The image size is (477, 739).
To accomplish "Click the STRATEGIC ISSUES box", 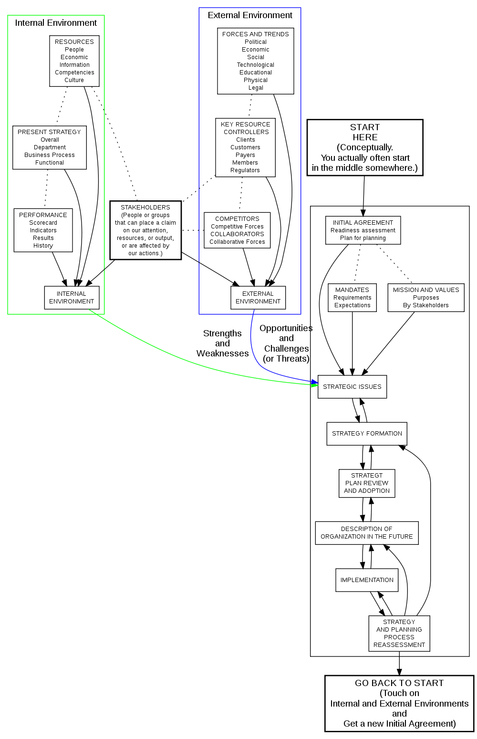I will click(x=352, y=387).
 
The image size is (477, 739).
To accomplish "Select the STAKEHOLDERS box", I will click(x=145, y=230).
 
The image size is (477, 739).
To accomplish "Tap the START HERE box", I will click(x=365, y=147).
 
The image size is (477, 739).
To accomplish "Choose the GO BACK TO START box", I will click(x=399, y=703).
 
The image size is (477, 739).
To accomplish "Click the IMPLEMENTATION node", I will click(x=367, y=580).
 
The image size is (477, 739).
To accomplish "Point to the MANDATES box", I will click(x=352, y=298).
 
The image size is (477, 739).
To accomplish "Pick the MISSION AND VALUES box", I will click(x=426, y=298).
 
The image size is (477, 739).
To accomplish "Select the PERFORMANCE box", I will click(x=43, y=230).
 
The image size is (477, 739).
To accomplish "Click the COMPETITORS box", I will click(x=237, y=230).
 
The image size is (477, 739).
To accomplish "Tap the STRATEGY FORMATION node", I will click(x=367, y=434).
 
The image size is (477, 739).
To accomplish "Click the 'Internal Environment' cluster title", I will click(x=56, y=23).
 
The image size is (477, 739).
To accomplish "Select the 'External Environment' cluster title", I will click(x=250, y=15).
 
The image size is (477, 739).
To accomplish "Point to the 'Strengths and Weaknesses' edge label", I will click(x=222, y=343).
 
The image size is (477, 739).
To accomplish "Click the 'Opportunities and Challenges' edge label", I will click(x=286, y=343).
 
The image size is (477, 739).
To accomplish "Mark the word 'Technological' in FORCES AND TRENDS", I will click(x=256, y=65).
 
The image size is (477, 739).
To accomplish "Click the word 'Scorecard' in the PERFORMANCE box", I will click(x=43, y=223).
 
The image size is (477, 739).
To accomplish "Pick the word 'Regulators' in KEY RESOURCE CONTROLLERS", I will click(x=245, y=170).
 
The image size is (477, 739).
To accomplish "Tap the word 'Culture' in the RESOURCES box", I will click(x=74, y=80).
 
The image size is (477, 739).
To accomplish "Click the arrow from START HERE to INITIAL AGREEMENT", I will click(x=364, y=196).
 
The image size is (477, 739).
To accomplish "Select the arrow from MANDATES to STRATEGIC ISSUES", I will click(x=352, y=343).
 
